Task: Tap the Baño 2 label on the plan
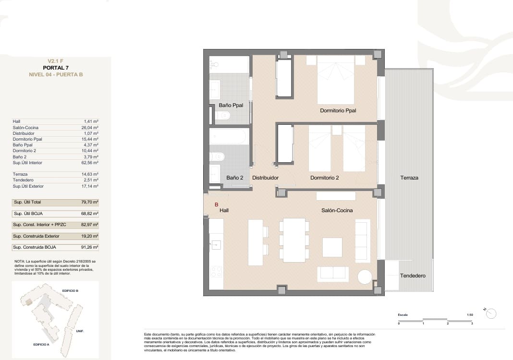click(235, 178)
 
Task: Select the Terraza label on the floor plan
click(409, 178)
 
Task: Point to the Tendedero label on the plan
click(413, 276)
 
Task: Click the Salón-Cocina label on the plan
click(337, 210)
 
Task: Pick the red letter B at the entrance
click(216, 204)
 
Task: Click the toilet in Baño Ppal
click(223, 116)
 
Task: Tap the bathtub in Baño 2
click(229, 137)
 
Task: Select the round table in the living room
click(365, 277)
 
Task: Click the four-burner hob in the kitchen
click(216, 272)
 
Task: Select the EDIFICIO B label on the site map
click(70, 291)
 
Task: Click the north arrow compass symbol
click(491, 313)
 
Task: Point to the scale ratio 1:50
click(470, 314)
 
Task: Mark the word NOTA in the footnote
click(20, 261)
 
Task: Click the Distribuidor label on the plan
click(266, 178)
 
